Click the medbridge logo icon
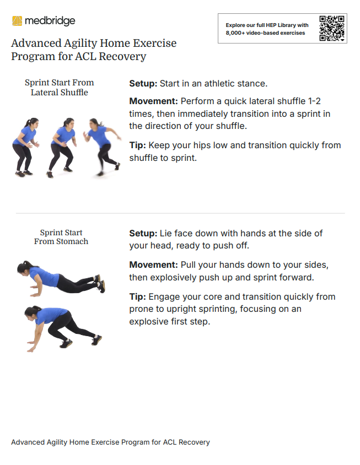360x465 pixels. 17,21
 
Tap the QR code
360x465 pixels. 331,28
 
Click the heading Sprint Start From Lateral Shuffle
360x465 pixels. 60,87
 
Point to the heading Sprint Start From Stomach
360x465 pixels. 61,237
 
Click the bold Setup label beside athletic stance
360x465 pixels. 143,84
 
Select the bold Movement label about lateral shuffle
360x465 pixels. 153,101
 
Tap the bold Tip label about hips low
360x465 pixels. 137,145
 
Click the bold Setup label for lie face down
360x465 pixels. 143,234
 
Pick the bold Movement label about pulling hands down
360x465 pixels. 153,264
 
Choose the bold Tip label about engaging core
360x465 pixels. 137,296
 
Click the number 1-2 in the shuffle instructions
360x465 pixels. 314,101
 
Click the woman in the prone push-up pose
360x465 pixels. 61,279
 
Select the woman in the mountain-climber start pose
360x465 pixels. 63,328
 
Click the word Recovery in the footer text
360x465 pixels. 194,442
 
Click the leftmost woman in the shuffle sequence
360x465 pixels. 25,147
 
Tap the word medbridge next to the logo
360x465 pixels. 50,21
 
